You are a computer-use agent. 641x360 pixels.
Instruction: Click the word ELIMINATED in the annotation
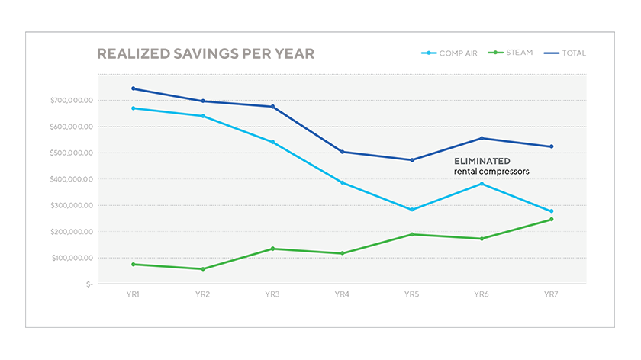482,161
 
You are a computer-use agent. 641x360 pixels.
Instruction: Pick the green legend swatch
494,53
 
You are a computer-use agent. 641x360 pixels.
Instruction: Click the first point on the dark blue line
134,88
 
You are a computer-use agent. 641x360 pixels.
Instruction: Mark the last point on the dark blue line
552,146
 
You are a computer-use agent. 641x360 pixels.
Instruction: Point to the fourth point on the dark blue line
343,152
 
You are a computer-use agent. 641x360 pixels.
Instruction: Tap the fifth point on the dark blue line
412,159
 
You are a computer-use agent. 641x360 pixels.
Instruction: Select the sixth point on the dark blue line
482,138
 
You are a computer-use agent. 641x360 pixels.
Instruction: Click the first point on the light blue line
134,108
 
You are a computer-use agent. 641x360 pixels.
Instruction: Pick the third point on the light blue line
273,142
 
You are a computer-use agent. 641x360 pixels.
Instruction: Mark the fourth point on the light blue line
343,183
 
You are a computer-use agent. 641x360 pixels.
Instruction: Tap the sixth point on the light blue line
482,184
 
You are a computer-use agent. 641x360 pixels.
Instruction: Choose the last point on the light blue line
552,211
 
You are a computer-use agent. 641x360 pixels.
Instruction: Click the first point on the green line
134,264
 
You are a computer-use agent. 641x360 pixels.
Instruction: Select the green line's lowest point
203,269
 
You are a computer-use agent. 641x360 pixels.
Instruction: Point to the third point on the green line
273,249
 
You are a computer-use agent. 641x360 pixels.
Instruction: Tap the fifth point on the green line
412,234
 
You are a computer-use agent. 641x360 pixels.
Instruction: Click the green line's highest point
552,220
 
